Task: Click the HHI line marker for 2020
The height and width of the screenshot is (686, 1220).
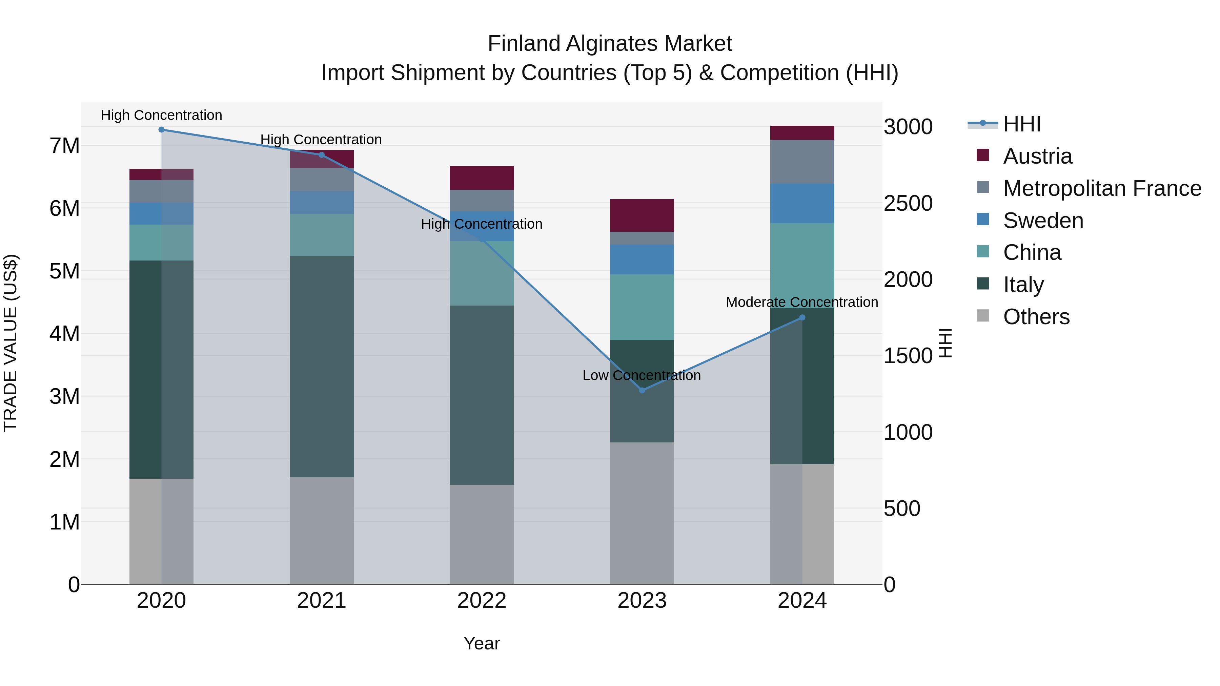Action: [x=162, y=130]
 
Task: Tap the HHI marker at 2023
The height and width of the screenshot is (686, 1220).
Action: [x=642, y=391]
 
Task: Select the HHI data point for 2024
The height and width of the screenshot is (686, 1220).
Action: [x=802, y=318]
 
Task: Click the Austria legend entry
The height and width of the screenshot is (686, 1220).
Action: [x=1037, y=156]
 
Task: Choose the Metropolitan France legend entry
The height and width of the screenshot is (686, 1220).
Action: [x=1102, y=188]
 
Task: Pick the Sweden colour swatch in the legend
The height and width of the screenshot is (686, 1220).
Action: [x=983, y=220]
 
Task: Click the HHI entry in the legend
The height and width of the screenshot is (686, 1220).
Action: [x=1021, y=124]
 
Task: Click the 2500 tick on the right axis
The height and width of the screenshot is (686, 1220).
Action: [x=908, y=204]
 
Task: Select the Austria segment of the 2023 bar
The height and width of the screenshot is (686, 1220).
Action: [x=642, y=215]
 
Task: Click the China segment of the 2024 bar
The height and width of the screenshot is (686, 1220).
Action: [x=802, y=265]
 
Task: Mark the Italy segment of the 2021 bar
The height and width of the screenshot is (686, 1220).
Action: [x=322, y=367]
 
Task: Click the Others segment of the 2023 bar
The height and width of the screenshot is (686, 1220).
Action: [x=642, y=514]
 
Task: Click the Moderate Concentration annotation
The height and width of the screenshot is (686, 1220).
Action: [x=801, y=302]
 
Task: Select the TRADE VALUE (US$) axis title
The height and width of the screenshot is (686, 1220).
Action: [x=11, y=343]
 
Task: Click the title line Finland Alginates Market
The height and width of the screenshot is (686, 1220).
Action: [x=610, y=44]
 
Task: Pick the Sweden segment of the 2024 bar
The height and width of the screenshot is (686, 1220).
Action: [x=802, y=204]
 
